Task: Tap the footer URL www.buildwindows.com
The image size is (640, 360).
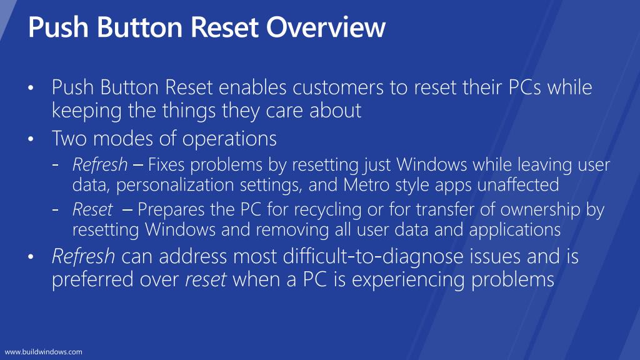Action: click(x=44, y=352)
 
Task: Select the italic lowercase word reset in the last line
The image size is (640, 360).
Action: click(x=206, y=279)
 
